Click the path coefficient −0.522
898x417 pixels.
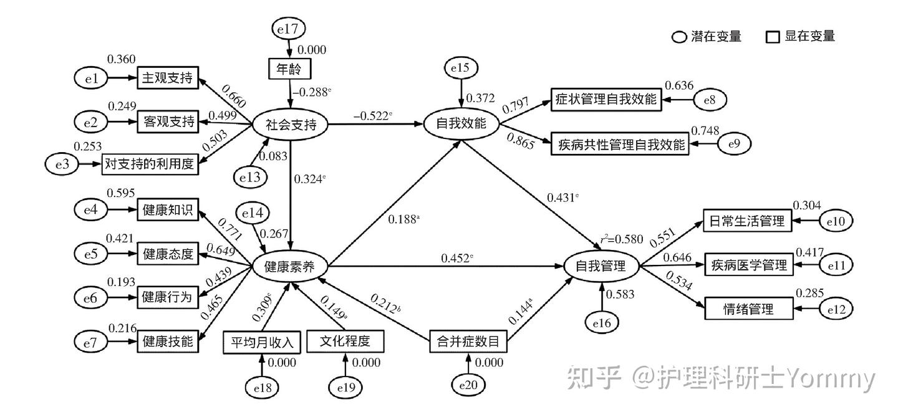click(x=372, y=116)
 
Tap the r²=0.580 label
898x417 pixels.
click(x=622, y=239)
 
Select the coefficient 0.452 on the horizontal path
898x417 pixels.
click(x=457, y=259)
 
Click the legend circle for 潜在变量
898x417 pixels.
click(x=679, y=37)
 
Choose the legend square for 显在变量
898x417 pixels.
click(x=773, y=37)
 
